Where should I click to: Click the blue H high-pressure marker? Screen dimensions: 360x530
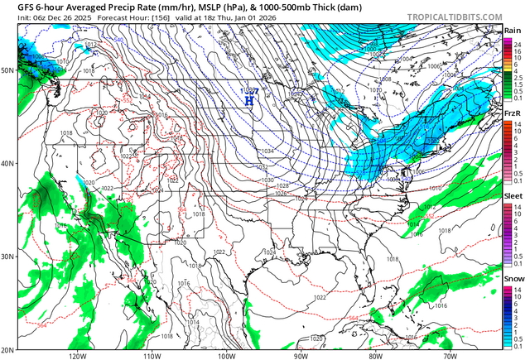pos(248,100)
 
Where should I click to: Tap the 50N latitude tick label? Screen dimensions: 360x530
pos(8,70)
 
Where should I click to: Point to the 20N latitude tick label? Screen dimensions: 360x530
pos(8,349)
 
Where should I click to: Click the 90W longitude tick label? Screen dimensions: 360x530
pos(300,355)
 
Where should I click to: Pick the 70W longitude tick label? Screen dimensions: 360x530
pos(448,355)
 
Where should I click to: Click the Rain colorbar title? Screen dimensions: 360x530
pos(513,30)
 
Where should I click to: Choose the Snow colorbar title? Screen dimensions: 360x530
pos(513,279)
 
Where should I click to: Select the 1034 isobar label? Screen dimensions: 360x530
pos(267,151)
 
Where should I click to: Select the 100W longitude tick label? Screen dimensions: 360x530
pos(226,355)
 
